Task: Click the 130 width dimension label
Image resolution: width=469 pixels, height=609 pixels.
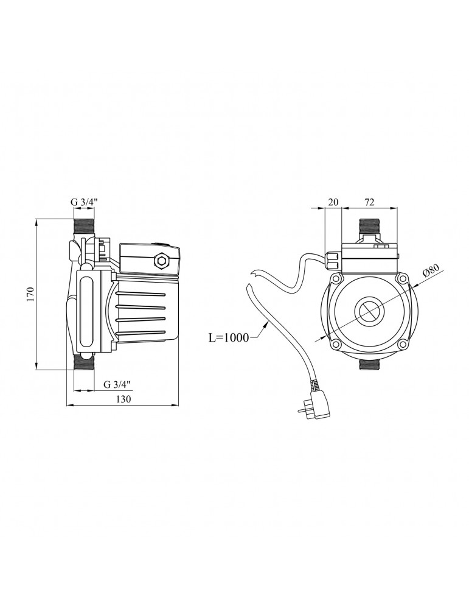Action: click(x=123, y=399)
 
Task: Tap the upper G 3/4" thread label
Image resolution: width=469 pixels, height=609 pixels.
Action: click(x=84, y=202)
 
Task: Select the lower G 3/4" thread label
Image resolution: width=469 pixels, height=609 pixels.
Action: click(x=117, y=384)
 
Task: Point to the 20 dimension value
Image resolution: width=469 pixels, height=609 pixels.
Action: click(x=333, y=202)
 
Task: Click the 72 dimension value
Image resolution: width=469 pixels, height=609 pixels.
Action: click(x=369, y=202)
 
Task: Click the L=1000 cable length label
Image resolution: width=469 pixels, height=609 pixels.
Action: click(x=229, y=338)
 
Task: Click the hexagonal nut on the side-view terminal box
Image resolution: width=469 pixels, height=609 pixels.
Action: click(x=160, y=260)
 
